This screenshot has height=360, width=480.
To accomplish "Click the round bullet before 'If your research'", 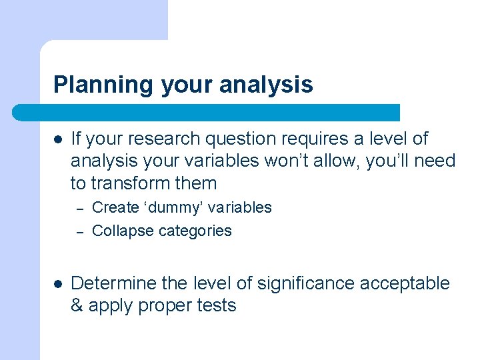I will (x=58, y=139).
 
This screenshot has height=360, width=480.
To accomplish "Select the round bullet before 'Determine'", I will (x=58, y=284).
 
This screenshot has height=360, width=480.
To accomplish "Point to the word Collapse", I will (x=119, y=231).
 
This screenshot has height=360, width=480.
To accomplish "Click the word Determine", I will (x=113, y=283).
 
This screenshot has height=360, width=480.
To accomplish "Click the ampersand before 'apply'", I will (x=77, y=306).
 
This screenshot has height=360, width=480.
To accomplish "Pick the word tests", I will (x=218, y=306).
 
